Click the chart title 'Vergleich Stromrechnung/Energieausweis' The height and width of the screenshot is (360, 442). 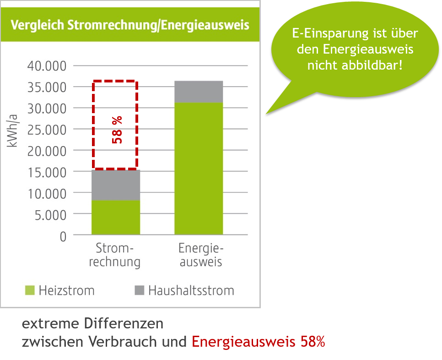130,25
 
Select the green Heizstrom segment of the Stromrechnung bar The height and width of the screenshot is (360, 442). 116,218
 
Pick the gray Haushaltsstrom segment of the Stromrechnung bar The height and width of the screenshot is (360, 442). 116,185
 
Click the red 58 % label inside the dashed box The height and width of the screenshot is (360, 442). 118,130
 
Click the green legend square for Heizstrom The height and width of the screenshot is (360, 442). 29,290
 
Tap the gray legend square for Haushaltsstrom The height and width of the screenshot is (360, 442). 140,290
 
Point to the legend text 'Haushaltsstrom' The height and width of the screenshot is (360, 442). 191,290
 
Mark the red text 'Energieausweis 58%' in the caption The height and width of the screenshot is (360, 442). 258,342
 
